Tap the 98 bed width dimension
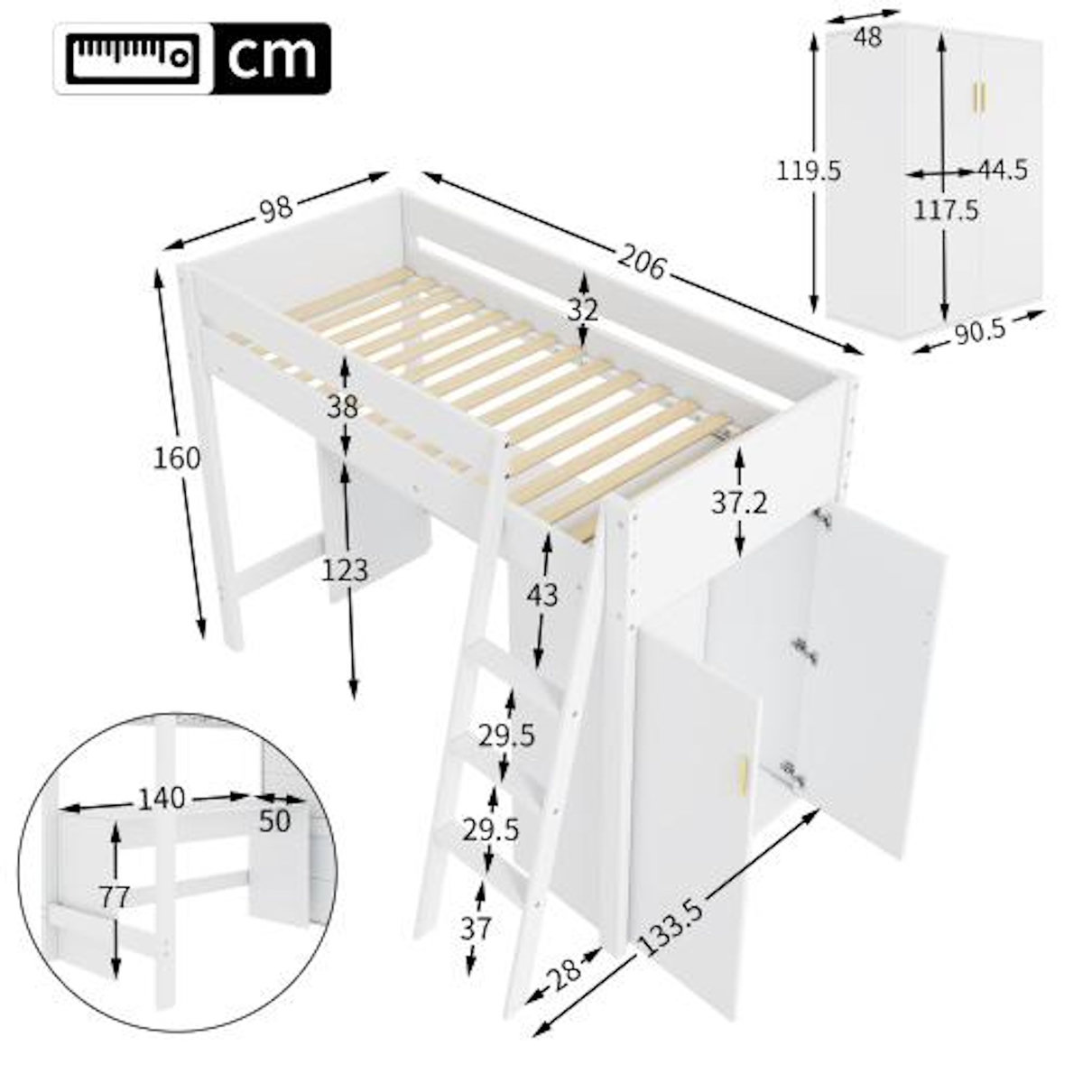276,209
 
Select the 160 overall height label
176,458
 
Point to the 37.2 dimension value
739,503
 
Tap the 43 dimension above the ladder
542,595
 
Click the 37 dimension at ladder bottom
475,927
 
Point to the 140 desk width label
162,798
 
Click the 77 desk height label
115,898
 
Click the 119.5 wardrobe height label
809,171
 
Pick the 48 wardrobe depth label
867,37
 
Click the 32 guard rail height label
584,310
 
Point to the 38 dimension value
343,407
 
